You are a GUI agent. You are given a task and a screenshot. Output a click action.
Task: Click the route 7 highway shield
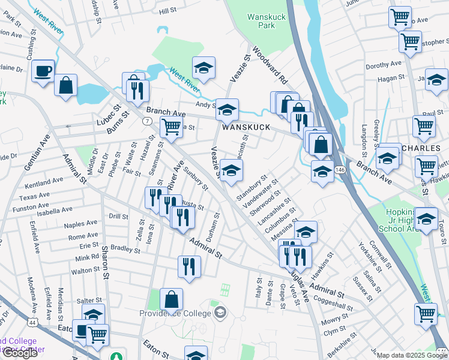pos(146,122)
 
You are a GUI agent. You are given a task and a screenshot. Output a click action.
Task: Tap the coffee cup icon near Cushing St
pos(43,71)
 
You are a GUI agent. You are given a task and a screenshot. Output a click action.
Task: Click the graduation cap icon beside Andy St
pos(227,110)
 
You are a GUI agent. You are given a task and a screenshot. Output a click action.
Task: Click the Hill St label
pos(167,10)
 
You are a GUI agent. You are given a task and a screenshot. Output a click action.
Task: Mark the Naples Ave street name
pos(82,223)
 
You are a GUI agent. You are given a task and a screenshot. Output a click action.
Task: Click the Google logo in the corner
pos(21,353)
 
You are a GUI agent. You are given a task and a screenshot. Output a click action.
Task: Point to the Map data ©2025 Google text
pos(411,355)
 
